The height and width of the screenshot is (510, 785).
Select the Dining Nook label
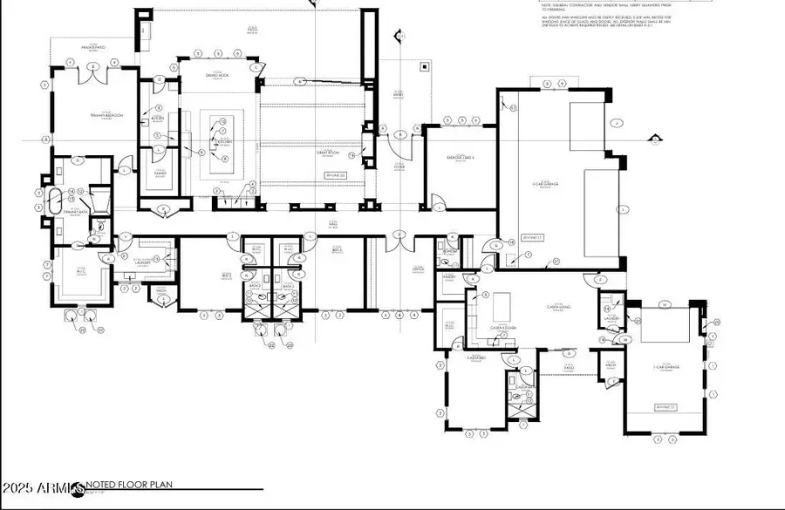pyautogui.click(x=217, y=77)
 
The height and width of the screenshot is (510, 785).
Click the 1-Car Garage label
pyautogui.click(x=667, y=366)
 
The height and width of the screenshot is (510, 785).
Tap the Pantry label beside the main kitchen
pyautogui.click(x=160, y=173)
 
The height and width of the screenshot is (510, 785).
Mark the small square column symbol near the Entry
pyautogui.click(x=424, y=65)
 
